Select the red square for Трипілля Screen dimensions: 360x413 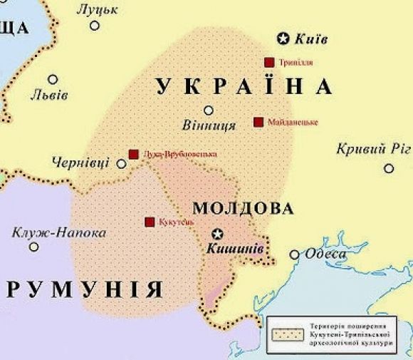pos(268,62)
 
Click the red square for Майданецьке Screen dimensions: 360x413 pos(258,122)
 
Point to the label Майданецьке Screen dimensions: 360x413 pos(293,122)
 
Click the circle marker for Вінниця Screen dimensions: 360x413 pos(209,110)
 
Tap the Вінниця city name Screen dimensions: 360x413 pos(209,126)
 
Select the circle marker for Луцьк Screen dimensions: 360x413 pos(95,26)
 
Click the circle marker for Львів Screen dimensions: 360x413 pos(53,79)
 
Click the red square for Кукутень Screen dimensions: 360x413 pos(150,222)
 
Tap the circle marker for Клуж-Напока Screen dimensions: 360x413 pos(33,247)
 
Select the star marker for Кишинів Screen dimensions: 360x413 pos(219,234)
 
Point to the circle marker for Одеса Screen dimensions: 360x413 pos(294,254)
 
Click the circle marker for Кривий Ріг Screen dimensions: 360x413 pos(388,168)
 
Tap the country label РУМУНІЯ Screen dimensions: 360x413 pos(84,289)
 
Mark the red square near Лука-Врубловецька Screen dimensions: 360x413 pos(133,154)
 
